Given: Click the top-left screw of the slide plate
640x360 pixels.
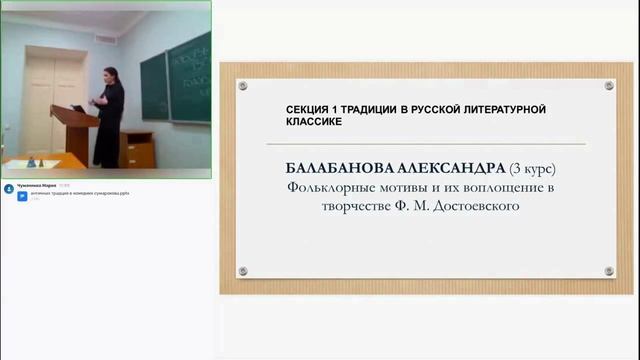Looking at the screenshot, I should (x=243, y=86).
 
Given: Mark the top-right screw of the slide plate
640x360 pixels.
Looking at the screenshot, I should (x=609, y=86).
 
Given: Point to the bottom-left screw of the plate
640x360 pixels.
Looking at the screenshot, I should (x=243, y=271).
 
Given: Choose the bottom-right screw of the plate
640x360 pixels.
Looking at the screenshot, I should (x=609, y=271).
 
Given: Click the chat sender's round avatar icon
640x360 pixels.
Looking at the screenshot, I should (x=9, y=187).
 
